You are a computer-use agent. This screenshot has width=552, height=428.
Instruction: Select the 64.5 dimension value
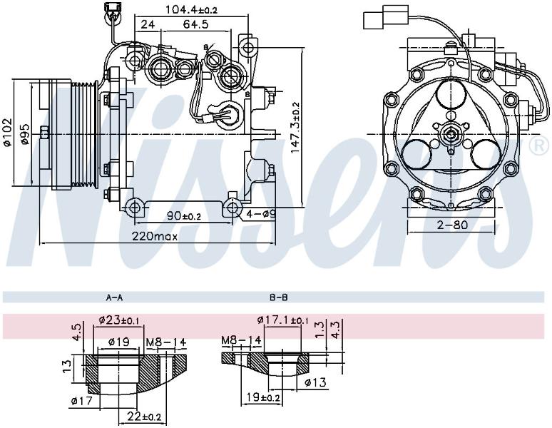(195, 24)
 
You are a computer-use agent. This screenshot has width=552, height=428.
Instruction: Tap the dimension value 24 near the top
(148, 24)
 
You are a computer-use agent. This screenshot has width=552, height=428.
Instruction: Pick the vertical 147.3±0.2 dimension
(295, 128)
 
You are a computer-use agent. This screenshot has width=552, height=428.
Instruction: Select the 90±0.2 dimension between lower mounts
(184, 215)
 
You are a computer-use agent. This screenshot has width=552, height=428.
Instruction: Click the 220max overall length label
(155, 236)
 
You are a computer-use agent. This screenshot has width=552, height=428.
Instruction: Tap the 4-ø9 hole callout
(260, 213)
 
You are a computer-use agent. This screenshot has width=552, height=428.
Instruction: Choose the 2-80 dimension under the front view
(452, 225)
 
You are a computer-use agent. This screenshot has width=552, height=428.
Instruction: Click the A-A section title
(114, 297)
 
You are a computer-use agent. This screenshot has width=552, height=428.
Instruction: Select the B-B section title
(279, 297)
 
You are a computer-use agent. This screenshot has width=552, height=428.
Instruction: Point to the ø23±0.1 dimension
(119, 320)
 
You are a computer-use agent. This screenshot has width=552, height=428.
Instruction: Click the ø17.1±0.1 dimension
(282, 320)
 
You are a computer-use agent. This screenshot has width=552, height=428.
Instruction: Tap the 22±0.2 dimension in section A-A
(144, 417)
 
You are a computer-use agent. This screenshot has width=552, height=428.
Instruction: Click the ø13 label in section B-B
(316, 382)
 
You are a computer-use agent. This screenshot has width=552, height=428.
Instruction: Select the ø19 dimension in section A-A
(118, 342)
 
